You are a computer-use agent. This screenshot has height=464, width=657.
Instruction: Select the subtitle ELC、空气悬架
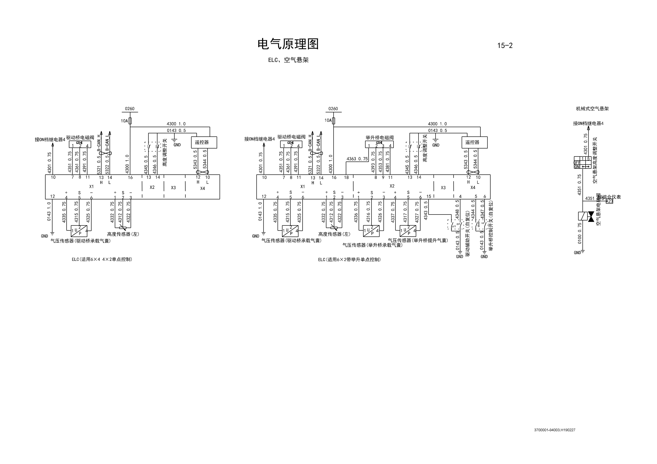click(x=288, y=60)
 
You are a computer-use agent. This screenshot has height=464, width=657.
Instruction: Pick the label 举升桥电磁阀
click(x=379, y=137)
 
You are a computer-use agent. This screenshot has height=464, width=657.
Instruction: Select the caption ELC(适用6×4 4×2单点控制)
click(x=102, y=259)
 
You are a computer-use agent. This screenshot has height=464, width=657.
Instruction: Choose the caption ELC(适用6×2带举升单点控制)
click(x=349, y=260)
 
